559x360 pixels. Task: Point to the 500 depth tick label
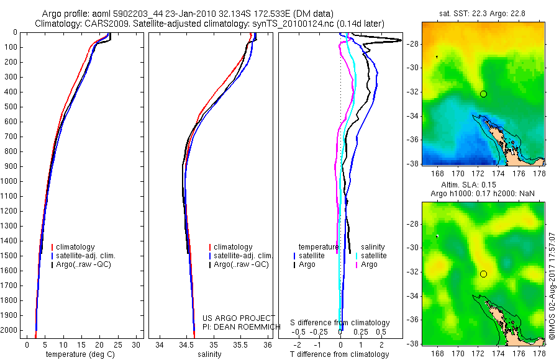pyautogui.click(x=9, y=107)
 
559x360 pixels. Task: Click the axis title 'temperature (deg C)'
pyautogui.click(x=80, y=354)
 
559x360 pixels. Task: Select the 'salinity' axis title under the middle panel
pyautogui.click(x=209, y=354)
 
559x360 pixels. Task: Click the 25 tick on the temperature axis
pyautogui.click(x=118, y=344)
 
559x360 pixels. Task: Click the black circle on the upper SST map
pyautogui.click(x=483, y=94)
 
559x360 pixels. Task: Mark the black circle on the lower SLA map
pyautogui.click(x=483, y=274)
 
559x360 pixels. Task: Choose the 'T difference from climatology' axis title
pyautogui.click(x=340, y=354)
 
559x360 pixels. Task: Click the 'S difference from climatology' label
pyautogui.click(x=340, y=323)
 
